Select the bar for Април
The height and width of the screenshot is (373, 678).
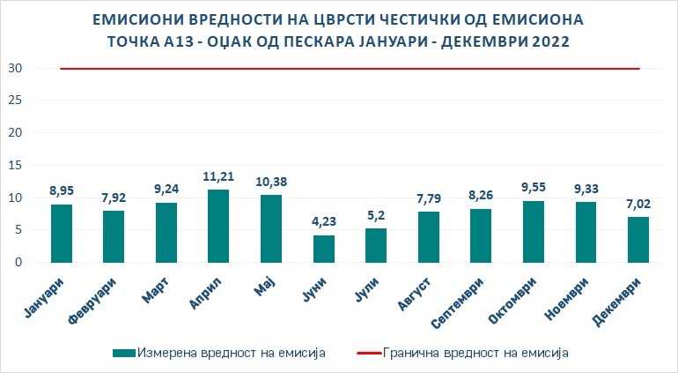217,226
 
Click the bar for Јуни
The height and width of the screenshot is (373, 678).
323,249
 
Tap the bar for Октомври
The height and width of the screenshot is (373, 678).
534,231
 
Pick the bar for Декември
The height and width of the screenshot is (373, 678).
640,239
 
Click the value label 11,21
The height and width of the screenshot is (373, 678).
217,176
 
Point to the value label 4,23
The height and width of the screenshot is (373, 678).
323,221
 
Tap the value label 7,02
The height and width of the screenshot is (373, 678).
640,204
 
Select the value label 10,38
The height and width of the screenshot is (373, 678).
270,182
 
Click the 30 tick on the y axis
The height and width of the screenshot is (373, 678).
14,69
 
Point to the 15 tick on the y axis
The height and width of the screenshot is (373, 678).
14,166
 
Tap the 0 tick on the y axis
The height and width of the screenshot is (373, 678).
18,263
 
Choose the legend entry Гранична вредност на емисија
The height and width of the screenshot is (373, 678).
475,353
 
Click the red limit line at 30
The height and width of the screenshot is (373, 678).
352,69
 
